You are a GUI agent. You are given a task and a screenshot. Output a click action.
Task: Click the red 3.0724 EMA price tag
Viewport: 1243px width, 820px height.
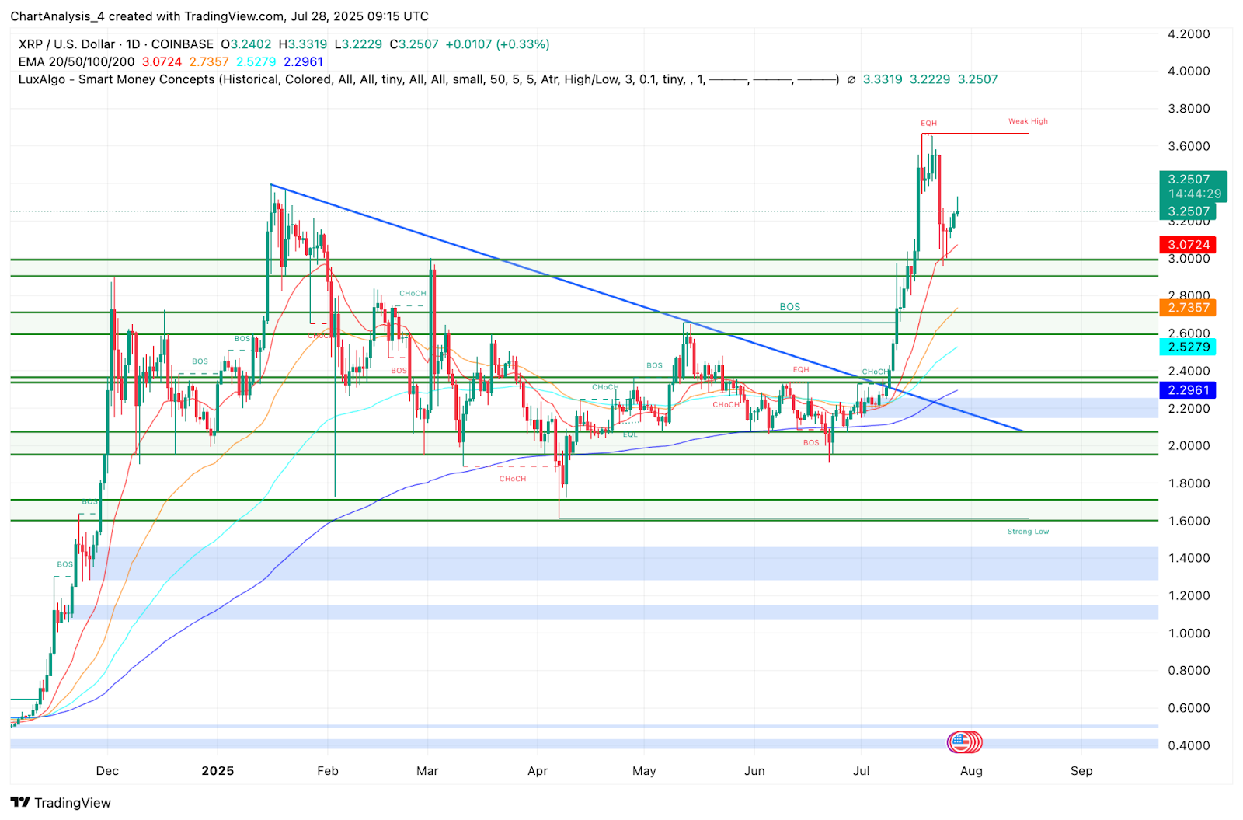click(1189, 245)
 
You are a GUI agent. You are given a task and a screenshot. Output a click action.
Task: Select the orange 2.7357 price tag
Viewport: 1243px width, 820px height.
click(1189, 308)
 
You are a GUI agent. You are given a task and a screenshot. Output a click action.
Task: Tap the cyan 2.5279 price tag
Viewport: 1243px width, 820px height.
click(1189, 347)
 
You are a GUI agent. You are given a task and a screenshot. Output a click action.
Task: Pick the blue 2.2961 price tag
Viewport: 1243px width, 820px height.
click(1189, 390)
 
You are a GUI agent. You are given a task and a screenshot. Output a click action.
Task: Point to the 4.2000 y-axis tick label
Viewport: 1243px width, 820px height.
click(1189, 34)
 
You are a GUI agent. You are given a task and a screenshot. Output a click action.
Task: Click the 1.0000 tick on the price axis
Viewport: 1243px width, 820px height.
click(1189, 633)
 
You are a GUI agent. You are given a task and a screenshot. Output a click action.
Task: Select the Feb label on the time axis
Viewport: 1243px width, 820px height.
click(328, 771)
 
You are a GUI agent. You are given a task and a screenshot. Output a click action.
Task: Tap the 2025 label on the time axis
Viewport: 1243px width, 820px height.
click(218, 771)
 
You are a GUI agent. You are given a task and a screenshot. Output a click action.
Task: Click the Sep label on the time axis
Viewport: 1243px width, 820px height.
click(1081, 771)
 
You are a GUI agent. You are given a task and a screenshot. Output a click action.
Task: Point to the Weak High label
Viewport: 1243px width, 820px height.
click(1028, 121)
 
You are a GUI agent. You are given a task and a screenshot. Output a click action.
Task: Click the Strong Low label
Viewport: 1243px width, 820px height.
click(1028, 532)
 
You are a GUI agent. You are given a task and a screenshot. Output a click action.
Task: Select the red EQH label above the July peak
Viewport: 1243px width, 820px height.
click(928, 124)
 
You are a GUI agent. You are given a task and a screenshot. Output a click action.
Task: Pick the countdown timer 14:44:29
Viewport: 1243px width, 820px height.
click(1194, 194)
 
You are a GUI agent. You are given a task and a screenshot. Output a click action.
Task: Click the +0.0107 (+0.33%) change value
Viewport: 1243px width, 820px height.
click(497, 44)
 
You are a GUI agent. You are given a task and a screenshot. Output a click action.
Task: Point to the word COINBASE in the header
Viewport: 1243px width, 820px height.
click(182, 44)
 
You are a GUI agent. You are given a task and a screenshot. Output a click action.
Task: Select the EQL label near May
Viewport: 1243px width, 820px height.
click(630, 434)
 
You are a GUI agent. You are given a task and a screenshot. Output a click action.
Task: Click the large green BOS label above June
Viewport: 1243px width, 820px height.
click(789, 307)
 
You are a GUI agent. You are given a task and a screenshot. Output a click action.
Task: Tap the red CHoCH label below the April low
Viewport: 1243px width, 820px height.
click(513, 479)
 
